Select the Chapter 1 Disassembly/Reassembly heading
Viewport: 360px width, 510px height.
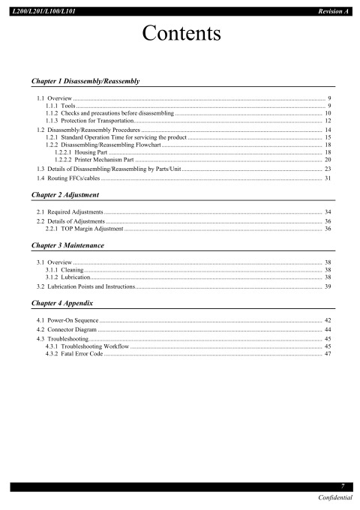click(x=83, y=79)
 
